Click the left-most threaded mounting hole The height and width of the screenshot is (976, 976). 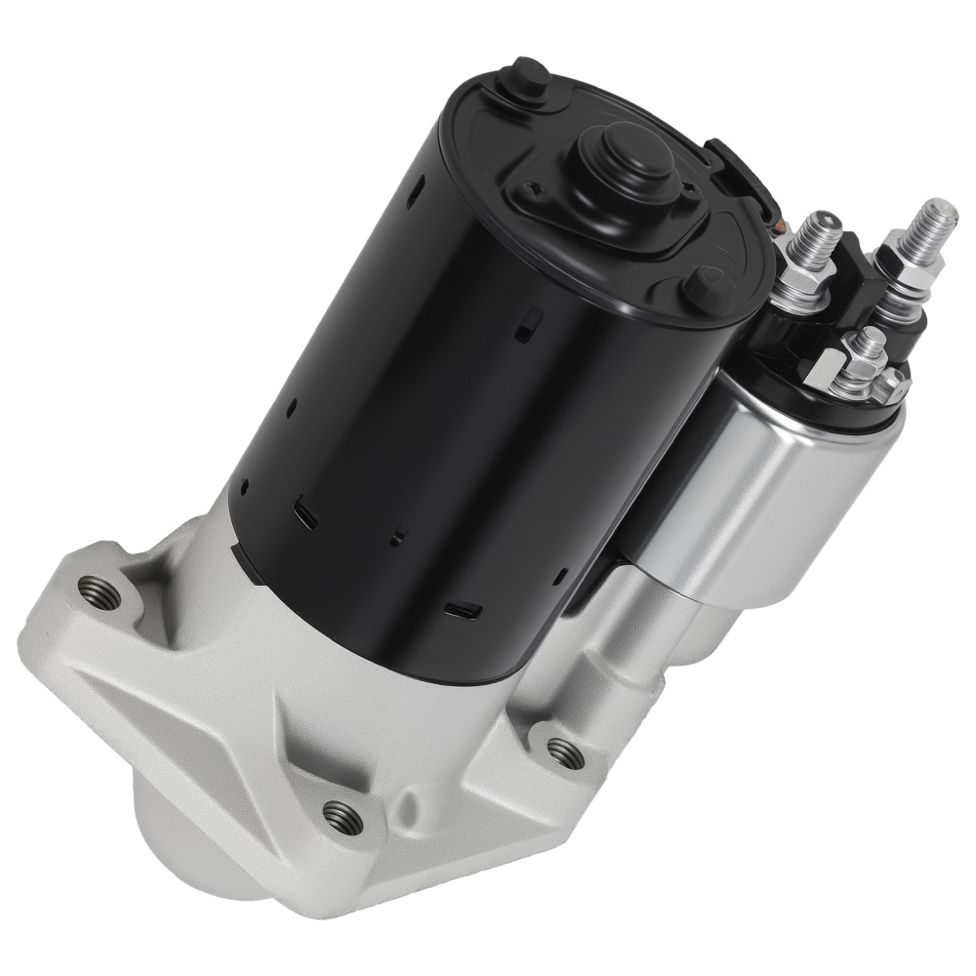coord(100,591)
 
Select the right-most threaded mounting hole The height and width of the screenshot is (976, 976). coord(563,751)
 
